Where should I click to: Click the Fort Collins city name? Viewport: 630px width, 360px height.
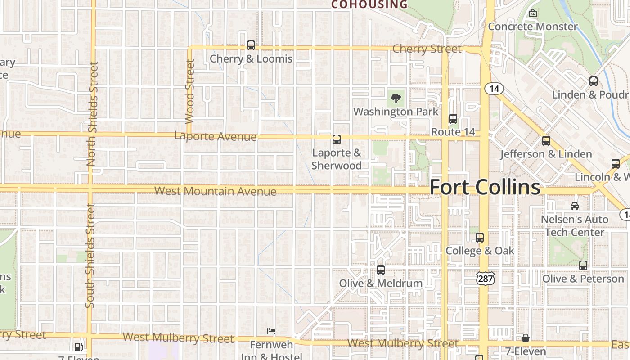[x=485, y=187]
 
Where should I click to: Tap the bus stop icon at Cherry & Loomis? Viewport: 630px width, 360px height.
[x=251, y=45]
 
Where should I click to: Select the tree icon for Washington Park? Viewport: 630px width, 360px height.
[x=396, y=98]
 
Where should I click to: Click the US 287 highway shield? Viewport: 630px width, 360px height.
[x=486, y=278]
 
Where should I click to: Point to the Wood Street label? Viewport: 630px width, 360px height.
[x=190, y=91]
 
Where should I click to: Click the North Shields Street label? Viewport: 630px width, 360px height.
[x=92, y=114]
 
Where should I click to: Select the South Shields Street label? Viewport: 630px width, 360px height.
[x=90, y=256]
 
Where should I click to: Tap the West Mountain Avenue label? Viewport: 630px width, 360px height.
[x=215, y=191]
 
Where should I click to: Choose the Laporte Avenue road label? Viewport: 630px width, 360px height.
[x=215, y=136]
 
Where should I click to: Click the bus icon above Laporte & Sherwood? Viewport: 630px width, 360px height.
[x=337, y=139]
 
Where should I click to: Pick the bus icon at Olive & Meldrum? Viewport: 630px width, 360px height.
[x=381, y=270]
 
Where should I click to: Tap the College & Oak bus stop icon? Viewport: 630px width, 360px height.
[x=480, y=238]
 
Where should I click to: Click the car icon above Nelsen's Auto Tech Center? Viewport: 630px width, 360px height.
[x=575, y=206]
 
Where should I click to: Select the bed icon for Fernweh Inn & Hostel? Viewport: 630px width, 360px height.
[x=271, y=331]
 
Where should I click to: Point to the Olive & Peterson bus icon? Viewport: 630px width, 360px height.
[x=583, y=265]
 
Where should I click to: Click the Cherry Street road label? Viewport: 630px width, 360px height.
[x=427, y=49]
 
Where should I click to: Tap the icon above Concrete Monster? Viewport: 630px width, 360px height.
[x=533, y=13]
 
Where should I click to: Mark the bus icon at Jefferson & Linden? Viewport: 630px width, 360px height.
[x=546, y=141]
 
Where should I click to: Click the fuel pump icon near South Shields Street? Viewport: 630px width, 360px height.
[x=78, y=346]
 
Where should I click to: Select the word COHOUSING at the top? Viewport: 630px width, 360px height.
[x=369, y=5]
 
